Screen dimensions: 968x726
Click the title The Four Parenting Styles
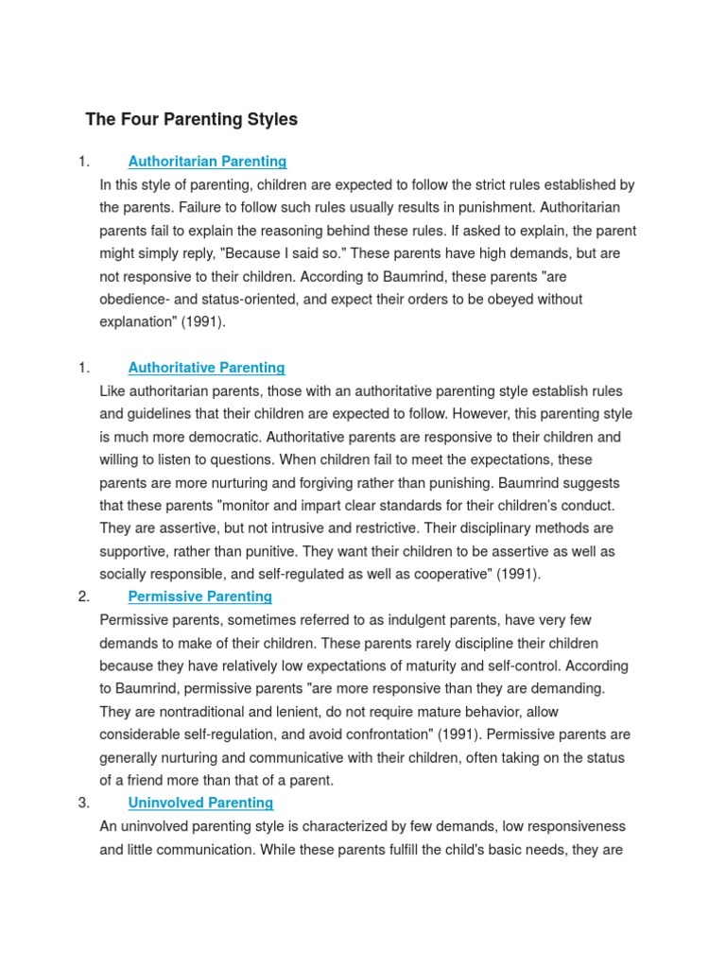(x=191, y=119)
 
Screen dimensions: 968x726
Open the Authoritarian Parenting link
(x=207, y=162)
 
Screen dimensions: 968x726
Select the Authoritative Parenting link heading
(x=206, y=368)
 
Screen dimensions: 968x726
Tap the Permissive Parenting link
(x=199, y=596)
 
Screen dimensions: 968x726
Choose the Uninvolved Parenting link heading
(x=200, y=803)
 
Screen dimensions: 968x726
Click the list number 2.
(x=84, y=596)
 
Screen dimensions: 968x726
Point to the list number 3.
(x=84, y=803)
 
